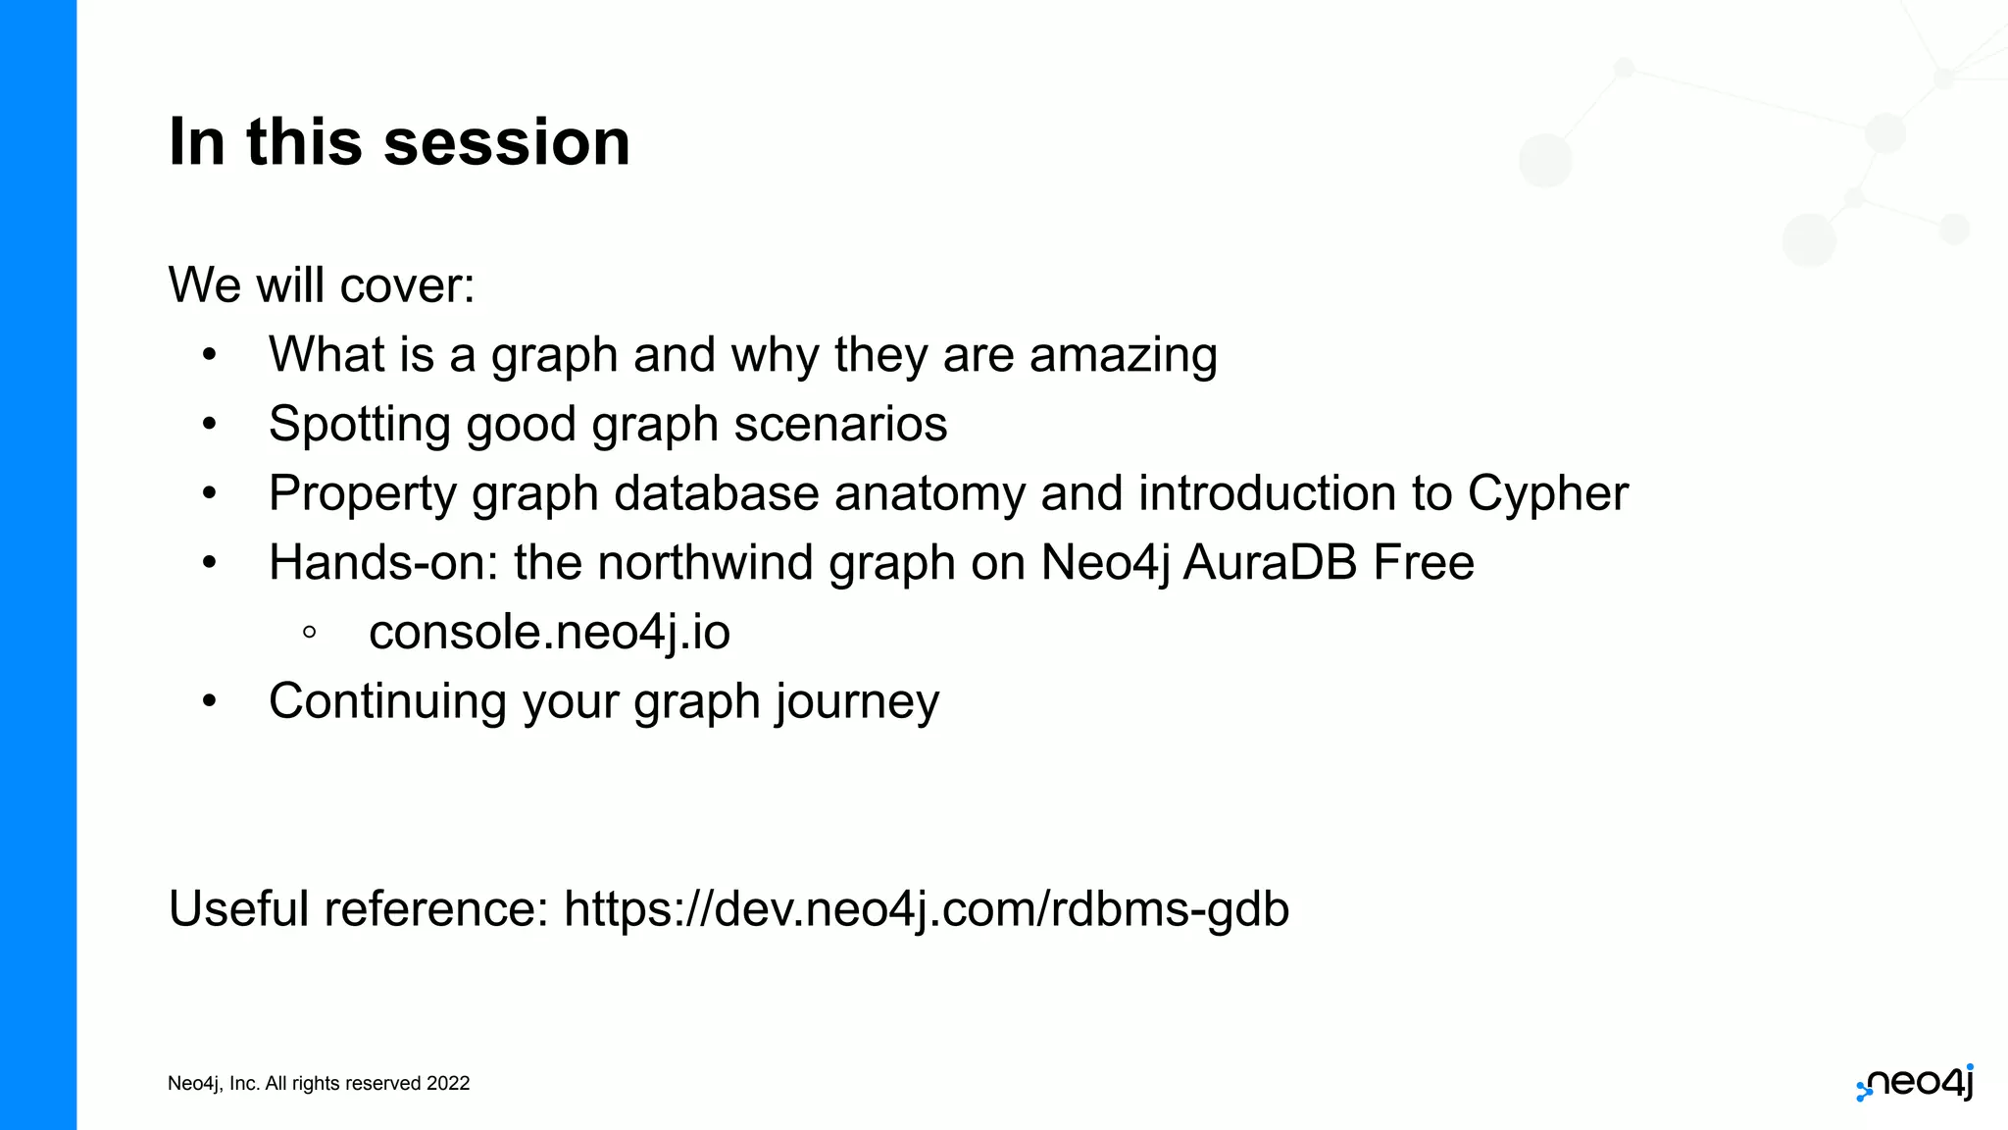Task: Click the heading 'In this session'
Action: click(399, 142)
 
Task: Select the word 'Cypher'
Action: click(1547, 493)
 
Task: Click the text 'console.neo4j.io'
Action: click(549, 632)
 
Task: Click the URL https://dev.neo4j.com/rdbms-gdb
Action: click(926, 908)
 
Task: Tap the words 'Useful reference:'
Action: click(359, 908)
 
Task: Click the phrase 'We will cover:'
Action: click(322, 285)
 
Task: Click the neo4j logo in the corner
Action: click(1916, 1083)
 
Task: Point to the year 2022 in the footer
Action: click(448, 1084)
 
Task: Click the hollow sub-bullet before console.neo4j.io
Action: click(310, 633)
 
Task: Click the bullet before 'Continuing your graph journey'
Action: click(209, 701)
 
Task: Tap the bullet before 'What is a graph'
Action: click(209, 355)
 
